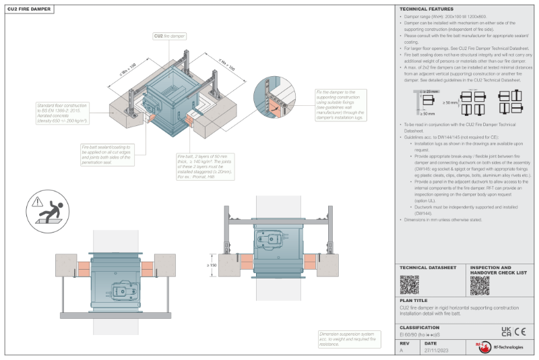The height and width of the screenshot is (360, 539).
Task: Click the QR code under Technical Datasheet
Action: pyautogui.click(x=410, y=285)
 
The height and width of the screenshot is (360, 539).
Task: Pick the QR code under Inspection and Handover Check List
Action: pyautogui.click(x=479, y=285)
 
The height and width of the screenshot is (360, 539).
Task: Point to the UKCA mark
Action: pyautogui.click(x=507, y=331)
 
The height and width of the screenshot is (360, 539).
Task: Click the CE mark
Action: pyautogui.click(x=520, y=331)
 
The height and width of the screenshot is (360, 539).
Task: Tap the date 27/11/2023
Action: pyautogui.click(x=437, y=351)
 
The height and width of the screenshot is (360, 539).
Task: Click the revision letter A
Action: pyautogui.click(x=402, y=351)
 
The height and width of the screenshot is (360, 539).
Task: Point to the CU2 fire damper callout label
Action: pyautogui.click(x=170, y=36)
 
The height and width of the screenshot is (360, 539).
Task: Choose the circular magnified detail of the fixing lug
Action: pyautogui.click(x=277, y=102)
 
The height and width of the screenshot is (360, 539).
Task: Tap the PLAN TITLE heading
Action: pyautogui.click(x=413, y=301)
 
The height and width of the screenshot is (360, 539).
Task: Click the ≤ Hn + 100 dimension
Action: pyautogui.click(x=226, y=66)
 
